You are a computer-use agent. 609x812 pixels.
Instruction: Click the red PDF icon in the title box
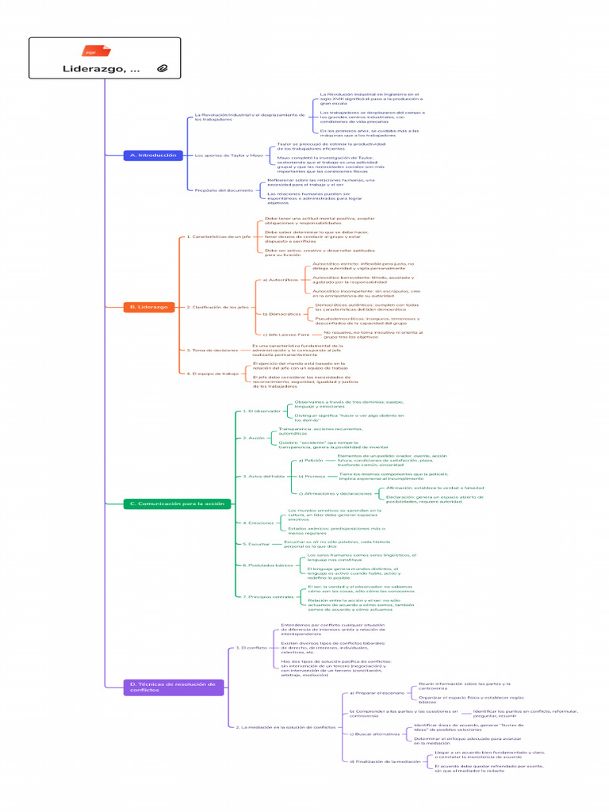click(x=92, y=51)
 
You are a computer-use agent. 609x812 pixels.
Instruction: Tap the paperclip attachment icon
click(x=163, y=69)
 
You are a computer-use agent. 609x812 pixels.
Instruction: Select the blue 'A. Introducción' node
click(x=152, y=155)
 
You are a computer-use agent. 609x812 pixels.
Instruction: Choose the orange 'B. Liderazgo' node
click(x=148, y=306)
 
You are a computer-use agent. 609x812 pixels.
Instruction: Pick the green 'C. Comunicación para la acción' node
click(x=177, y=504)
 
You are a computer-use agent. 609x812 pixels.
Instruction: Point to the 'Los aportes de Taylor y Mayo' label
click(x=228, y=155)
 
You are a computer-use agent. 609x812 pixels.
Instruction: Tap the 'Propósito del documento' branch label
click(x=224, y=190)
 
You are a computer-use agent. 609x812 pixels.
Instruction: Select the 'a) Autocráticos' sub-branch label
click(x=281, y=280)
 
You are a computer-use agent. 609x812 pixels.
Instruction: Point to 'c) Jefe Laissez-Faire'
click(x=285, y=335)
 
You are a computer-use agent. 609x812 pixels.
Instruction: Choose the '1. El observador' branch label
click(x=261, y=412)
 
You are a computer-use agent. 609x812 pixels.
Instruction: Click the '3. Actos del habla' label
click(x=263, y=476)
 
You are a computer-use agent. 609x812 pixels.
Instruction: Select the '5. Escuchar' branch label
click(x=257, y=544)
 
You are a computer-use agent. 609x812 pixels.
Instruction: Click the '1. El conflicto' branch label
click(x=251, y=648)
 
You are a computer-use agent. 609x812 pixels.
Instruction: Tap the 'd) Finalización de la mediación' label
click(x=385, y=761)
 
